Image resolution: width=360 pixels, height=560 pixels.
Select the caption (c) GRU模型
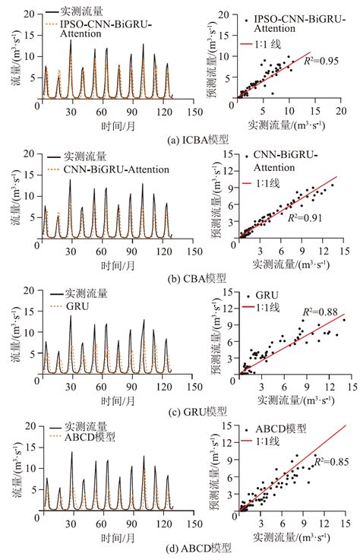coord(180,411)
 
